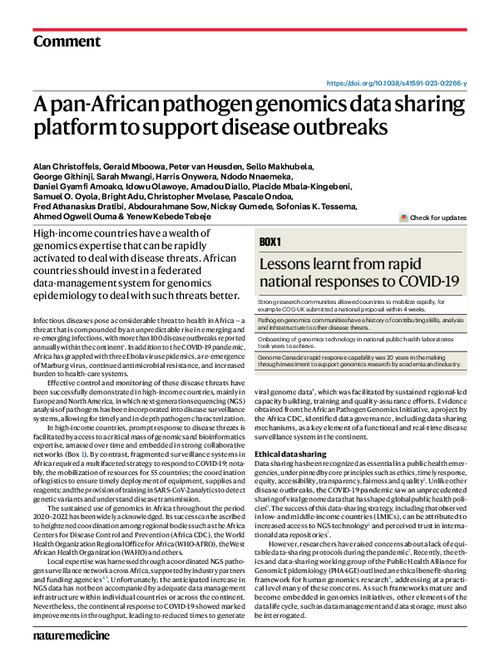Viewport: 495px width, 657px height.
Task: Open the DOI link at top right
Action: [x=397, y=84]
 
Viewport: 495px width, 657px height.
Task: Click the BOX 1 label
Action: [x=271, y=242]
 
